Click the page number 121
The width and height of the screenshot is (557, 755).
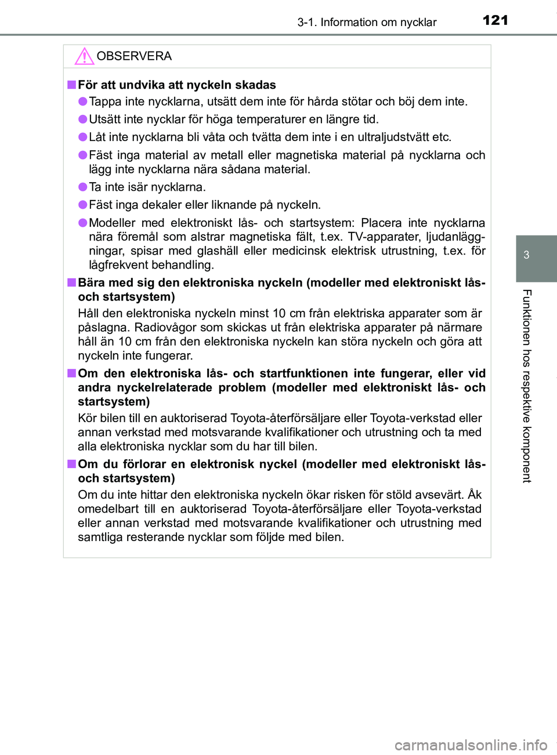coord(495,20)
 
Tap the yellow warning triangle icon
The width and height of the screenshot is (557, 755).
coord(84,56)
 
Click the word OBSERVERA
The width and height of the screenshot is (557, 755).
coord(134,56)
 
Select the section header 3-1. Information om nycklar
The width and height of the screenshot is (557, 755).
coord(367,23)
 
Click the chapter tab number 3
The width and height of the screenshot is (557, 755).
coord(526,255)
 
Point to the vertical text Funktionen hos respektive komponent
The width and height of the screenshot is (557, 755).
coord(526,386)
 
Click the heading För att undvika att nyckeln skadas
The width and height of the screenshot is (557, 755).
coord(177,85)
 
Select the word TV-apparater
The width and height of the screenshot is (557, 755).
coord(384,237)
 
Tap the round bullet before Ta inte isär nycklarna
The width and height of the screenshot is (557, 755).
coord(83,187)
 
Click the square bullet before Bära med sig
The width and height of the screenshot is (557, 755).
coord(71,282)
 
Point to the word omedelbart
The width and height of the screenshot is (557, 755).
coord(108,509)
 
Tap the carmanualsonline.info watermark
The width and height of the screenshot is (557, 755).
coord(471,745)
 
